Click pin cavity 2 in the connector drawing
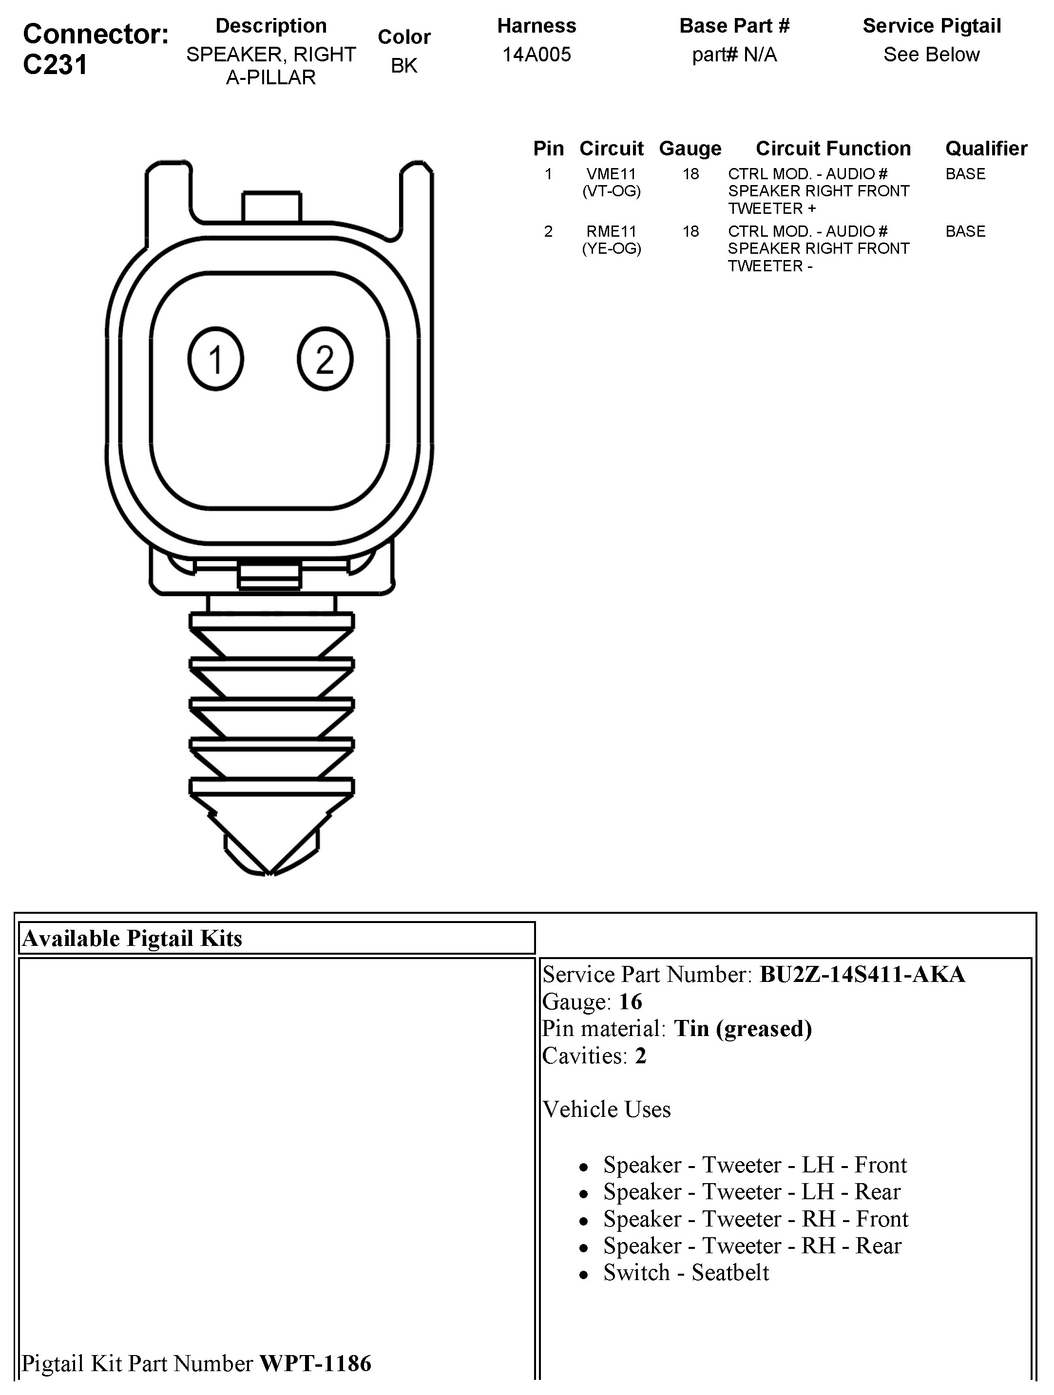pos(325,359)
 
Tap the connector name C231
pos(56,65)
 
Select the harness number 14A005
pos(536,55)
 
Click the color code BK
pos(403,66)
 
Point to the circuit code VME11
pos(611,174)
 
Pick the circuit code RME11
pos(611,231)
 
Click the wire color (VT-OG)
pos(611,191)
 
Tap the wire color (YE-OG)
pos(611,248)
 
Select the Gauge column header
pos(690,149)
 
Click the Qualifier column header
pos(986,149)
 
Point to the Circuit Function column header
pos(833,149)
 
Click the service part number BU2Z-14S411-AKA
pos(862,974)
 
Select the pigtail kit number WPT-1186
pos(315,1363)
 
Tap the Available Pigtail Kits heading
pos(133,939)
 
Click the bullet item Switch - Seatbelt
pos(686,1273)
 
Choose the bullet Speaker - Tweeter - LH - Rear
pos(752,1191)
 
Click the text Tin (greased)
pos(743,1029)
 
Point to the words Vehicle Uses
pos(607,1109)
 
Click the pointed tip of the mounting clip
pos(270,872)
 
